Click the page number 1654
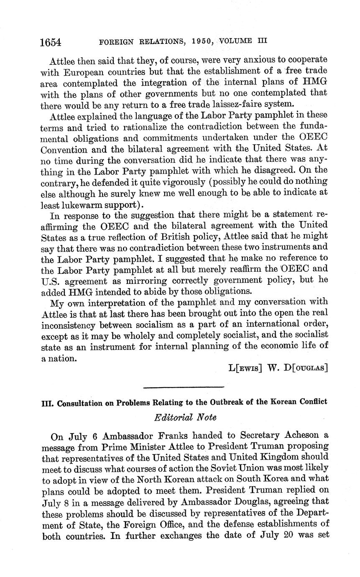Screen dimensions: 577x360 51,42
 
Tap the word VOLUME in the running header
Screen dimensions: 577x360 237,41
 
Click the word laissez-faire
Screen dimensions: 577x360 229,104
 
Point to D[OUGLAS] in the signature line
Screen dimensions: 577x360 307,368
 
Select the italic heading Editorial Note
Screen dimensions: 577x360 185,417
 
